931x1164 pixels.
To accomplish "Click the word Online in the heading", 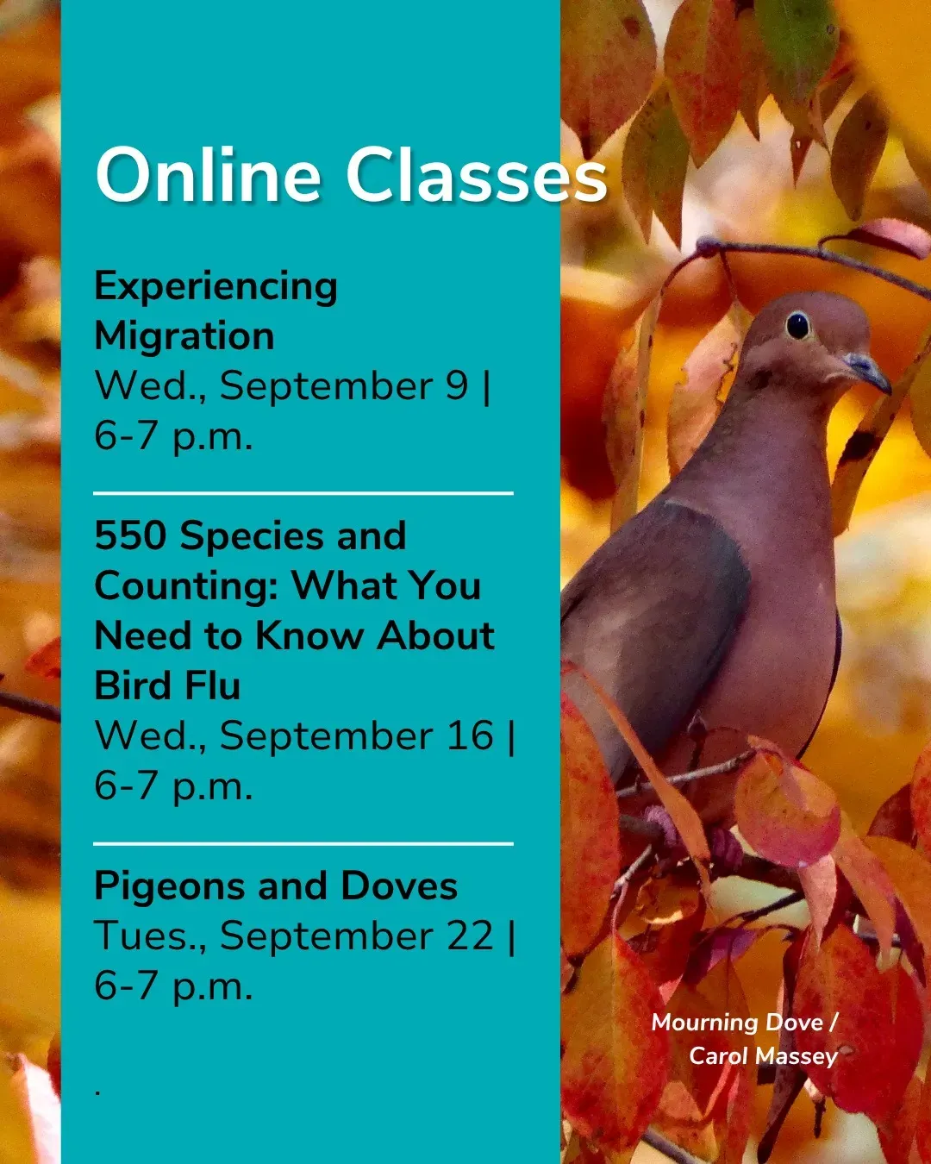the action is (209, 176).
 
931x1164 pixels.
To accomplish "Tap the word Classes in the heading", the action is (477, 176).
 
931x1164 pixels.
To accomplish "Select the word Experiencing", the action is (216, 287).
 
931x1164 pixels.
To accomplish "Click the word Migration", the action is (184, 336).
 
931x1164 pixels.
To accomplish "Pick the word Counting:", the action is (187, 586).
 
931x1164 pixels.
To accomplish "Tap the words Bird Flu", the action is (167, 685).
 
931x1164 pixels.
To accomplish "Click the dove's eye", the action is (798, 326).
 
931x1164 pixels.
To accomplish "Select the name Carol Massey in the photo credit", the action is (763, 1056).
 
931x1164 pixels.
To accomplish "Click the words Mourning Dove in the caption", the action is (737, 1023).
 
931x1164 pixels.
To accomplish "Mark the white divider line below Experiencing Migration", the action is (303, 493).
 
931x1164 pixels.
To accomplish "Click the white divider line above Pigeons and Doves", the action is (303, 843).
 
